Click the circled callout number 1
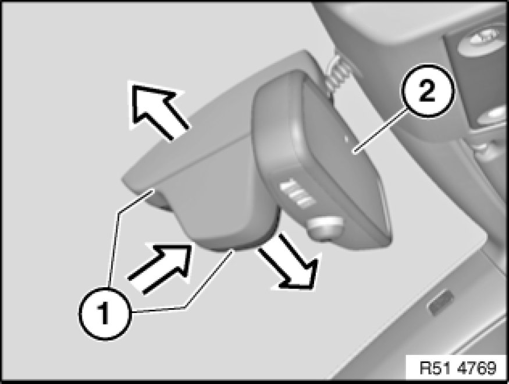click(105, 313)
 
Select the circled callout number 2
click(427, 91)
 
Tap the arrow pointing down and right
click(289, 262)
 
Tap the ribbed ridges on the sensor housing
click(297, 193)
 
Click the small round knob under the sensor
click(325, 228)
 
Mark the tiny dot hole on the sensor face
click(346, 139)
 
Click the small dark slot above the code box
click(441, 302)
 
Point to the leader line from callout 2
click(380, 131)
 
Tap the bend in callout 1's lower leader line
click(185, 307)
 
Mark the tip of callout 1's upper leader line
click(152, 192)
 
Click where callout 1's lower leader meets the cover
click(232, 250)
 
